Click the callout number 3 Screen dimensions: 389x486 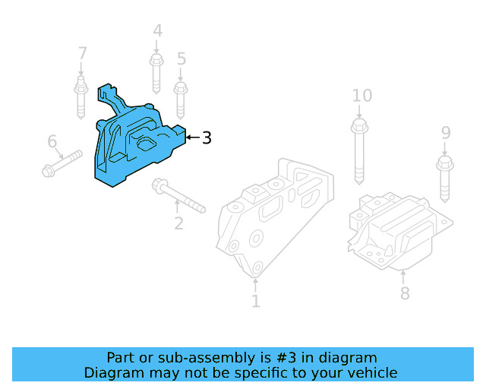207,138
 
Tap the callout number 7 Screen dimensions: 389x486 82,54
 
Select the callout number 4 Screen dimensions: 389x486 157,31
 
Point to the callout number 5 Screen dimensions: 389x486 181,59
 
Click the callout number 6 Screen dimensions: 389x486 52,141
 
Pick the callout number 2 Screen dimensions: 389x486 179,223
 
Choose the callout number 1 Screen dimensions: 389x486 255,302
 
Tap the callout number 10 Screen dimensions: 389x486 362,96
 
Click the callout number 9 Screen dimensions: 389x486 446,134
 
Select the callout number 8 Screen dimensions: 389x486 405,293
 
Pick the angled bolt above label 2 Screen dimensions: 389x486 178,195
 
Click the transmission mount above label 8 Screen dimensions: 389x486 399,232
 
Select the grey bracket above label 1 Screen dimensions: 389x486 273,220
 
